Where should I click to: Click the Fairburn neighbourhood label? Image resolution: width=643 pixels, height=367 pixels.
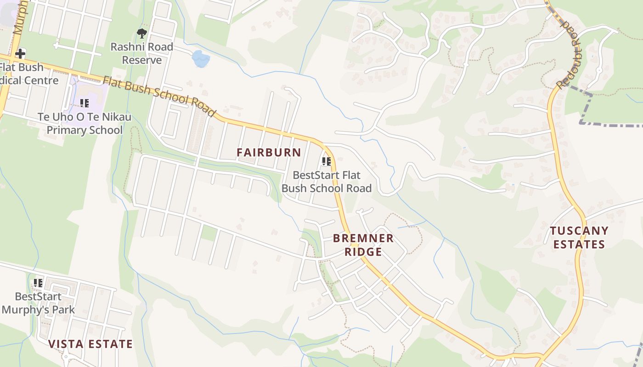pyautogui.click(x=269, y=152)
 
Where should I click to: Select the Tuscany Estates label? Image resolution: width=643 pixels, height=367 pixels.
pyautogui.click(x=579, y=237)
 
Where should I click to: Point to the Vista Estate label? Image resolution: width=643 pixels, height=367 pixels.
pyautogui.click(x=90, y=344)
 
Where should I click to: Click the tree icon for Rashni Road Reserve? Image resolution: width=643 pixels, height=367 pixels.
pyautogui.click(x=142, y=33)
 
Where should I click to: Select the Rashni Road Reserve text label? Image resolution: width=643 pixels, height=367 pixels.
pyautogui.click(x=141, y=53)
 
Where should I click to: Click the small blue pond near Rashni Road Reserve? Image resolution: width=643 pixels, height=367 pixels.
pyautogui.click(x=201, y=59)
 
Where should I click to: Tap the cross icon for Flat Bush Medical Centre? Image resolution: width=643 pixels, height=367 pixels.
pyautogui.click(x=20, y=54)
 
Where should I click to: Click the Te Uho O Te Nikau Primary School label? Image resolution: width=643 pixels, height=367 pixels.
pyautogui.click(x=85, y=123)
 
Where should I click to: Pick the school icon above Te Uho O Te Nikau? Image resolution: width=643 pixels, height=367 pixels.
pyautogui.click(x=84, y=103)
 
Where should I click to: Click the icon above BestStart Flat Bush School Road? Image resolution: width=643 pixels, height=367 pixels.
pyautogui.click(x=326, y=161)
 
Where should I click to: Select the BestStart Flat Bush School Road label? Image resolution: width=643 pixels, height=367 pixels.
pyautogui.click(x=326, y=182)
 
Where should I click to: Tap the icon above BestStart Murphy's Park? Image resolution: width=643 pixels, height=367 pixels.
pyautogui.click(x=38, y=283)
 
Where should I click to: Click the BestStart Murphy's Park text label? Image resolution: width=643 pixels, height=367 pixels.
pyautogui.click(x=38, y=303)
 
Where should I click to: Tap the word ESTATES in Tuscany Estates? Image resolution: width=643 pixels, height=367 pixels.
pyautogui.click(x=579, y=244)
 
